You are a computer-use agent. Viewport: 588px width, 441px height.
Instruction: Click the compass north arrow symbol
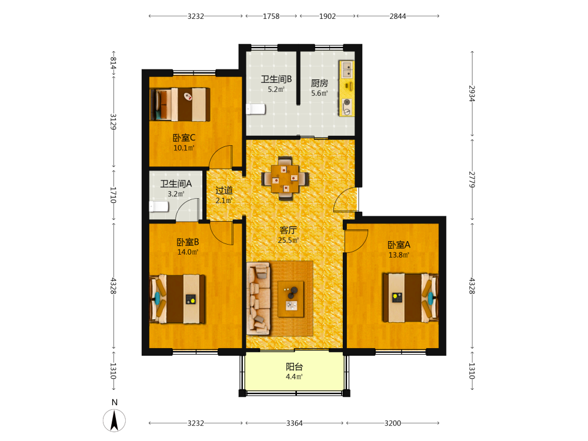115,420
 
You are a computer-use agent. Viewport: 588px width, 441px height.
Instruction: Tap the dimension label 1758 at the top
271,16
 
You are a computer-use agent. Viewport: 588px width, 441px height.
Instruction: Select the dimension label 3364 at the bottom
295,423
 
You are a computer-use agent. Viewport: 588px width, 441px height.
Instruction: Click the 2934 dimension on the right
472,93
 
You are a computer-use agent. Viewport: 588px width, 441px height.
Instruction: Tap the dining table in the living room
285,179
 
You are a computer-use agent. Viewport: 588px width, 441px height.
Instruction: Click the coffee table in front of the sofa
291,299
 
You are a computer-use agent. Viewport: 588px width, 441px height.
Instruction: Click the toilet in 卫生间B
256,109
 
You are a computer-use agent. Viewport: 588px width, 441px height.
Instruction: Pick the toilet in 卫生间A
159,206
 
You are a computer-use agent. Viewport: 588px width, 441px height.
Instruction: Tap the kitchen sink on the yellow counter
347,69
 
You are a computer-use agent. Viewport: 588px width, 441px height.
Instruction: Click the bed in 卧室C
180,104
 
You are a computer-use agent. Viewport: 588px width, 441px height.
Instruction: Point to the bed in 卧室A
410,298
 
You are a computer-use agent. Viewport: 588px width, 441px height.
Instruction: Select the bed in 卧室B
178,299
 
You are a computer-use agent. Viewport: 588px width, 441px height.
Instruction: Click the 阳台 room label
295,367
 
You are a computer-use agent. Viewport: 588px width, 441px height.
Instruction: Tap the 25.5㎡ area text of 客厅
288,240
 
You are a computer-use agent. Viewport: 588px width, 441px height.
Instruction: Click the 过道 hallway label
224,191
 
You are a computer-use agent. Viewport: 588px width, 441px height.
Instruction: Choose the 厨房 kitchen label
319,83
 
